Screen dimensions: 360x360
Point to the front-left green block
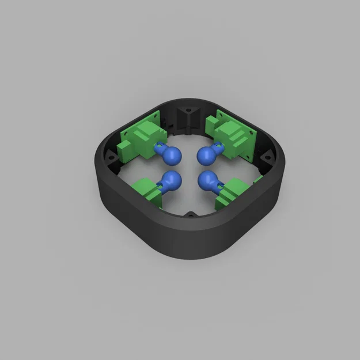146,191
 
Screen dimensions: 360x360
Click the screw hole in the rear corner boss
187,109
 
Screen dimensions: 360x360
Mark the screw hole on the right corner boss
267,155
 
